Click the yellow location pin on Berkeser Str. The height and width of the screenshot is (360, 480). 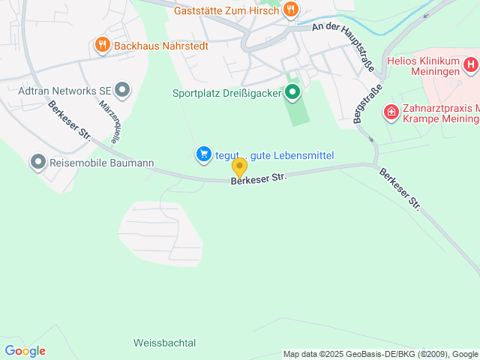(239, 167)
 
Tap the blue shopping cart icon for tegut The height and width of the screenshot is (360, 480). (203, 154)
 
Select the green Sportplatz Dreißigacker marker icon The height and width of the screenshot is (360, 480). (292, 93)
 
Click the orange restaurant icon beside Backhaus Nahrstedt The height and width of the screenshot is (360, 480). (102, 46)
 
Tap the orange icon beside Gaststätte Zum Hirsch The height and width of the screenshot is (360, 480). (291, 10)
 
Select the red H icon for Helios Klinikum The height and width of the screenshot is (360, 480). (470, 65)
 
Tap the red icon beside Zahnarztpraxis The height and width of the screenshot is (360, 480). (391, 112)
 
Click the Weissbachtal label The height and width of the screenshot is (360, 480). (164, 343)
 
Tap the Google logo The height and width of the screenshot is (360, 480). (25, 351)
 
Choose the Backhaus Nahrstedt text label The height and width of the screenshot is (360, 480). (160, 46)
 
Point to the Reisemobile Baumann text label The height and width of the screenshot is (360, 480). (101, 162)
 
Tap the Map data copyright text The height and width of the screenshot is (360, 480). (381, 354)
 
